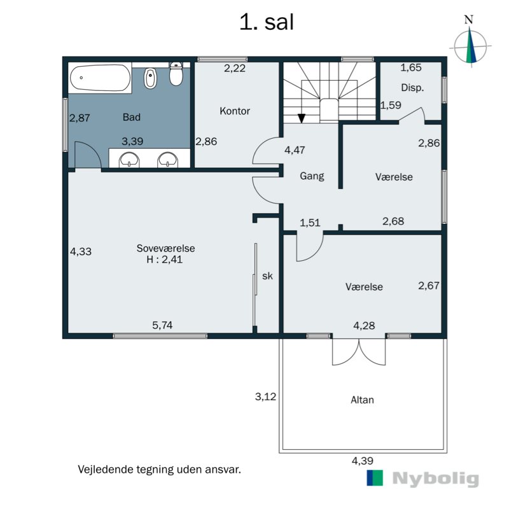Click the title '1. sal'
(x=266, y=22)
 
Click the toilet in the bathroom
(x=177, y=75)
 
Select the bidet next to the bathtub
(x=151, y=78)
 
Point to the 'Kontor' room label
(x=235, y=111)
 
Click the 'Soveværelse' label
(x=165, y=248)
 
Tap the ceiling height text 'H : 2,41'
(x=165, y=260)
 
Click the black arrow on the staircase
(x=302, y=118)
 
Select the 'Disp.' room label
(x=412, y=88)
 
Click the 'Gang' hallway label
(x=312, y=176)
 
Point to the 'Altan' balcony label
(x=362, y=400)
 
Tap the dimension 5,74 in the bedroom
(x=162, y=325)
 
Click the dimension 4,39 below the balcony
(x=362, y=461)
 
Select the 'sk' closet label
(x=267, y=276)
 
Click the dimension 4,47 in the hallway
(x=294, y=151)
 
